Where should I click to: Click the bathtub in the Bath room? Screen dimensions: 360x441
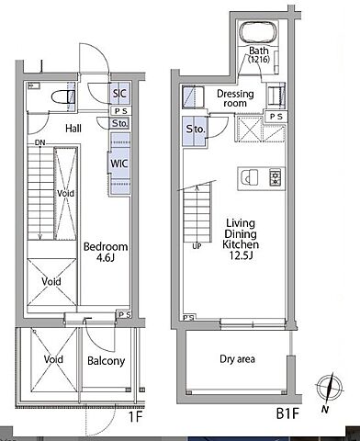(x=258, y=33)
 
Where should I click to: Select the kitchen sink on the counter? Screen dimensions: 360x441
(x=249, y=177)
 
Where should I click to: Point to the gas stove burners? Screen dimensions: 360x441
(x=276, y=177)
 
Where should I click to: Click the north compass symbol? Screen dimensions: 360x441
(x=329, y=388)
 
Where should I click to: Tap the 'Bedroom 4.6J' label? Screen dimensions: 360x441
(x=106, y=252)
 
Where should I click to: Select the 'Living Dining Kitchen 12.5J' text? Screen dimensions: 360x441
(x=241, y=239)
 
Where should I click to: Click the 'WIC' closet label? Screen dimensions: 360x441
(x=119, y=164)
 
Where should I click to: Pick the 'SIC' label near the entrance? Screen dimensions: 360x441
(x=119, y=93)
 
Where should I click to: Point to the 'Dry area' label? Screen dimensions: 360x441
(x=237, y=359)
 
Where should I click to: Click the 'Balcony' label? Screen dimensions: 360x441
(x=106, y=361)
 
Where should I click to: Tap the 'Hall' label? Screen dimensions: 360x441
(x=73, y=129)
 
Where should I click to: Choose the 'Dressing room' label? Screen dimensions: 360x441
(x=235, y=98)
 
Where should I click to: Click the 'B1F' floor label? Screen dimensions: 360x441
(x=287, y=413)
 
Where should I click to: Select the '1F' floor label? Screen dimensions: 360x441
(x=135, y=417)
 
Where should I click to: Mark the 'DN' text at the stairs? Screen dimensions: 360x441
(x=39, y=142)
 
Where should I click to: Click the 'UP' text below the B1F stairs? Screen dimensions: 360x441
(x=197, y=246)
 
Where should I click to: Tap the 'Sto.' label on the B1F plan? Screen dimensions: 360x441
(x=196, y=130)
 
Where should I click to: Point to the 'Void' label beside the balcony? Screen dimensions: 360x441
(x=53, y=359)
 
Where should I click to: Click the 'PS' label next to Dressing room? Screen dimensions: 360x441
(x=276, y=117)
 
